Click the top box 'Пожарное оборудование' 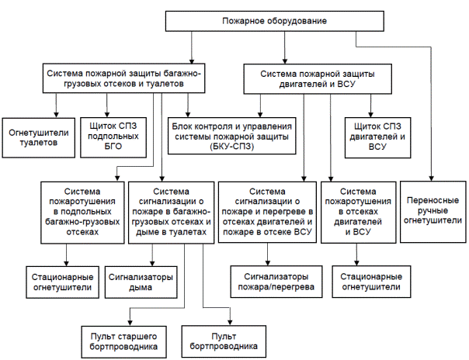[x=275, y=21]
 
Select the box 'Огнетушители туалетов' [x=39, y=138]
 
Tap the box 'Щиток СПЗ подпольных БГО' [x=113, y=137]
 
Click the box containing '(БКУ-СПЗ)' [x=232, y=136]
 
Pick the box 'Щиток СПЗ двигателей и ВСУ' [x=377, y=137]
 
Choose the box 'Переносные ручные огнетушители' [x=433, y=212]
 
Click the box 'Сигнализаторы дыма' [x=141, y=282]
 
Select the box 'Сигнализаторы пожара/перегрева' [x=276, y=282]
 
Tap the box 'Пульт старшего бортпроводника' [x=123, y=342]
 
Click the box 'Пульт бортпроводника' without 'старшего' [x=224, y=341]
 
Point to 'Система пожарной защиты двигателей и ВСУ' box [x=318, y=79]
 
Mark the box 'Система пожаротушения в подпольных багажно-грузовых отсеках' [x=82, y=213]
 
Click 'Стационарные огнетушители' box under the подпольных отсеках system [x=63, y=282]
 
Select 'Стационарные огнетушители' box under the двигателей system [x=371, y=282]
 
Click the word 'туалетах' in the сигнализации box [x=188, y=232]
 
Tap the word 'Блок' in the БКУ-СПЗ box [x=181, y=126]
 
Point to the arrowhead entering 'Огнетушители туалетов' [x=56, y=115]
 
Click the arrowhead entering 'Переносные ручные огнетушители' [x=432, y=178]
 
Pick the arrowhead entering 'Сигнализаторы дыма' [x=152, y=263]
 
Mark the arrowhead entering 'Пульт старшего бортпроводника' [x=130, y=323]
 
